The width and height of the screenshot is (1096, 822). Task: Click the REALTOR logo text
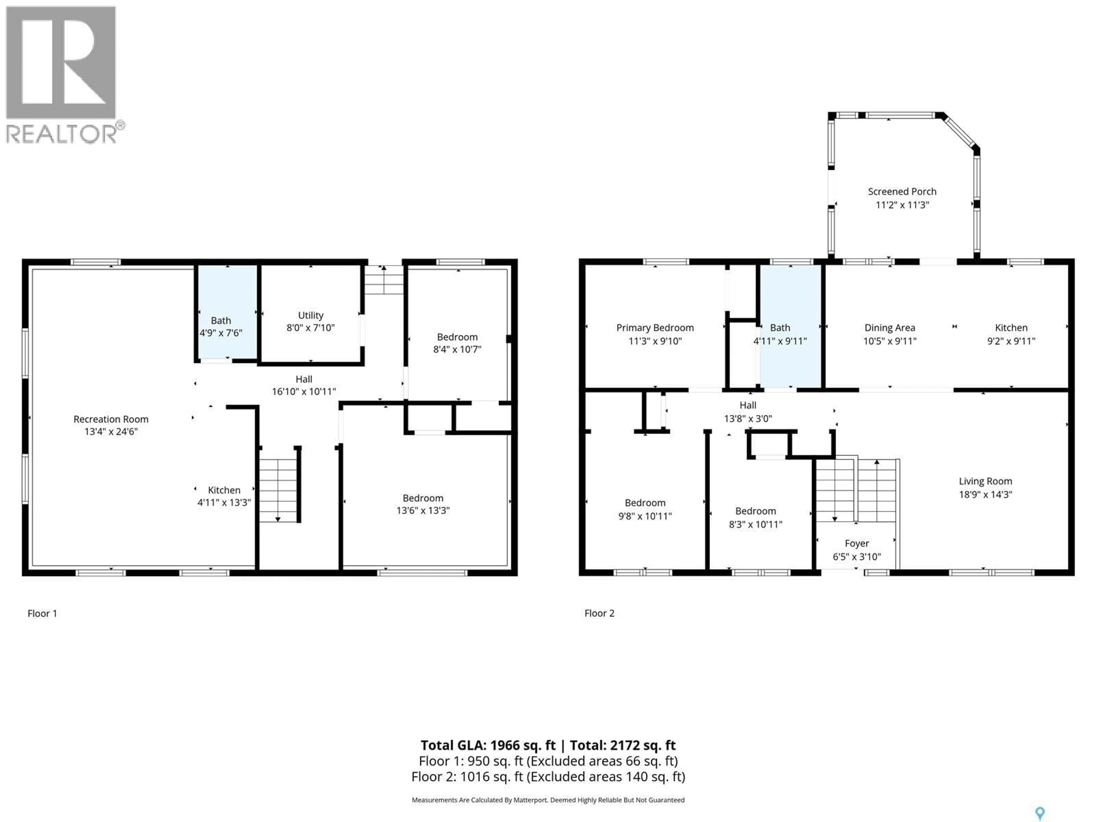62,134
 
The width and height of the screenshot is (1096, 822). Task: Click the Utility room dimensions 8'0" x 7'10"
310,327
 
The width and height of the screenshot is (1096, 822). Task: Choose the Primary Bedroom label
654,327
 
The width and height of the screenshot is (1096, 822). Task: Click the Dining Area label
889,327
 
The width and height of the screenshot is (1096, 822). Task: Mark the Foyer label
857,543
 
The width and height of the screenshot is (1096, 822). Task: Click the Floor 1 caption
42,613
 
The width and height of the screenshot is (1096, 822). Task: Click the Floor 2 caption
599,613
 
